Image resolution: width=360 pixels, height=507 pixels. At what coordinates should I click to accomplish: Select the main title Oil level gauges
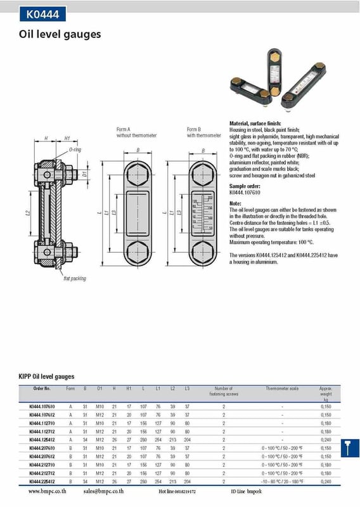[x=60, y=34]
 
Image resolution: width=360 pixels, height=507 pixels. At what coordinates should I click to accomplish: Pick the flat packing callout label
[x=74, y=278]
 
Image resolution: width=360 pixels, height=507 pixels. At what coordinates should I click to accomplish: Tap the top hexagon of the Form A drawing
[x=137, y=174]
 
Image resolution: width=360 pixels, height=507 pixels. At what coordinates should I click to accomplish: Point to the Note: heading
[x=235, y=203]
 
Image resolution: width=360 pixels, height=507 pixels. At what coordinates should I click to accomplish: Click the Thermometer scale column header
[x=281, y=388]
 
